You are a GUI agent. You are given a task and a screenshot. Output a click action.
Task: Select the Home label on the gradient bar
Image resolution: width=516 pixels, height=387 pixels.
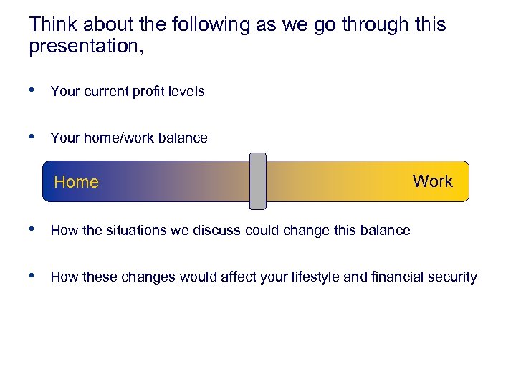[76, 182]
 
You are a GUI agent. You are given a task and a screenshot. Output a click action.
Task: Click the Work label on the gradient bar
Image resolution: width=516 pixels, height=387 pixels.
[432, 181]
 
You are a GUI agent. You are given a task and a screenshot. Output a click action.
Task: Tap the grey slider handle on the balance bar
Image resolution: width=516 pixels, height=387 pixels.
[257, 181]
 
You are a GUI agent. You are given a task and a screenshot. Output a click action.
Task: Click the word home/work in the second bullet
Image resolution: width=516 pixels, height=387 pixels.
[109, 138]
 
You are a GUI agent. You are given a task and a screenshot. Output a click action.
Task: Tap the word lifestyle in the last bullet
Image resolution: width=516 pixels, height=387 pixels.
[314, 277]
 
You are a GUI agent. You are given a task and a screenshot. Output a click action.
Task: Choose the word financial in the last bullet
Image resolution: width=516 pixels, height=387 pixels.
[393, 277]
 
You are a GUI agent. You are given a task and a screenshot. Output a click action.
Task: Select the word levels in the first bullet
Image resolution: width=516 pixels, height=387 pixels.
[186, 92]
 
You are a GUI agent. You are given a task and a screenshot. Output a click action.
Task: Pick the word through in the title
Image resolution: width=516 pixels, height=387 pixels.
[373, 24]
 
